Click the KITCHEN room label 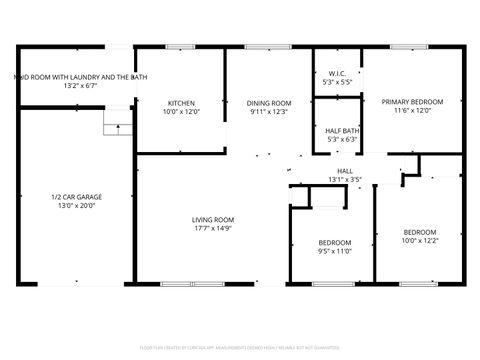(181, 102)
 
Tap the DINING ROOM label (269, 102)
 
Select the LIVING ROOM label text (213, 220)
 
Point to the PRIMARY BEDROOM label (412, 102)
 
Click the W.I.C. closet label (337, 74)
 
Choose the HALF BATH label (342, 130)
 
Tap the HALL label (345, 171)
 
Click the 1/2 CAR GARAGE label (76, 197)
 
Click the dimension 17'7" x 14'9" (213, 229)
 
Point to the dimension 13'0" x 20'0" (76, 206)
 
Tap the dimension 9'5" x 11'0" (335, 252)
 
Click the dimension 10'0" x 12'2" (419, 241)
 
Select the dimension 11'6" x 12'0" (412, 111)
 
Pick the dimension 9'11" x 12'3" (269, 111)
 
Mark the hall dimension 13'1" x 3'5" (345, 180)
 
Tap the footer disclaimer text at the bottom (240, 348)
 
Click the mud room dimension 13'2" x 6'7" (78, 85)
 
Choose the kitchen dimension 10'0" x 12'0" (181, 111)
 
